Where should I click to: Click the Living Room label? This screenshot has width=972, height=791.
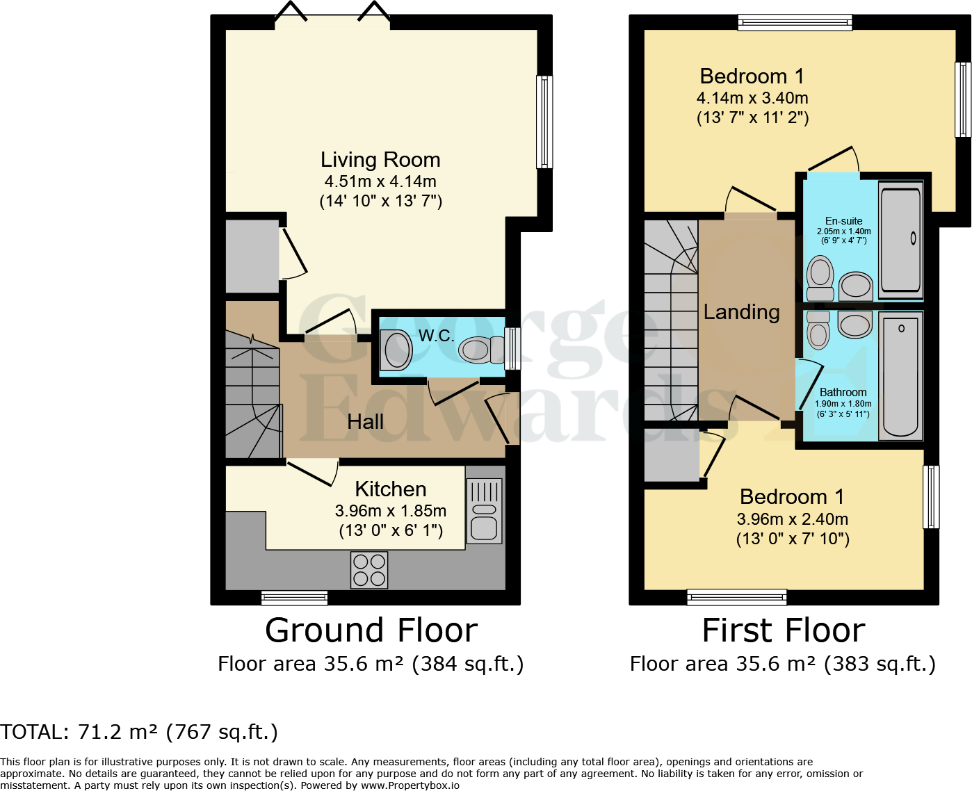(x=380, y=160)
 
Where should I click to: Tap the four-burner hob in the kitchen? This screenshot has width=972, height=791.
(x=369, y=570)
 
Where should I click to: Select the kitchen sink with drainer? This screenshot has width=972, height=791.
(x=484, y=511)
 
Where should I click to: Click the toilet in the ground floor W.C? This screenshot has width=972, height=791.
(x=483, y=350)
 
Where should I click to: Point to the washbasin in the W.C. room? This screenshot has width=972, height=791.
(x=397, y=349)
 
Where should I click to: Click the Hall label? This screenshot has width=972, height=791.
(x=365, y=422)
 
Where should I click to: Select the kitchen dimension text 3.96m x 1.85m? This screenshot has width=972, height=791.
(x=390, y=511)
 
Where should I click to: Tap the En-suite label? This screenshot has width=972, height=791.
(x=843, y=221)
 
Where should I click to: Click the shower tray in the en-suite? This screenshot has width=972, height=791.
(x=901, y=238)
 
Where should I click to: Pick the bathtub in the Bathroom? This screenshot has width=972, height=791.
(x=901, y=376)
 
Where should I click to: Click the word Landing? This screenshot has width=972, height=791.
(x=741, y=312)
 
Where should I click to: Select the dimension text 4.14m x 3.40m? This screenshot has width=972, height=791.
(x=752, y=98)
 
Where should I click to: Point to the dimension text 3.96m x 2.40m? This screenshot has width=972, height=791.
(x=792, y=519)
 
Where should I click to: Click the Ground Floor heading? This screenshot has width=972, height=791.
(x=371, y=631)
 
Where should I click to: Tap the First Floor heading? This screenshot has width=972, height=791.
(x=783, y=631)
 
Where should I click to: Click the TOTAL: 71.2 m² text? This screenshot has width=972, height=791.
(x=139, y=732)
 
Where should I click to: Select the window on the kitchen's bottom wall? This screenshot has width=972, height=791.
(x=294, y=597)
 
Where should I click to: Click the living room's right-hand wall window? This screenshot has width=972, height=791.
(x=544, y=122)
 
